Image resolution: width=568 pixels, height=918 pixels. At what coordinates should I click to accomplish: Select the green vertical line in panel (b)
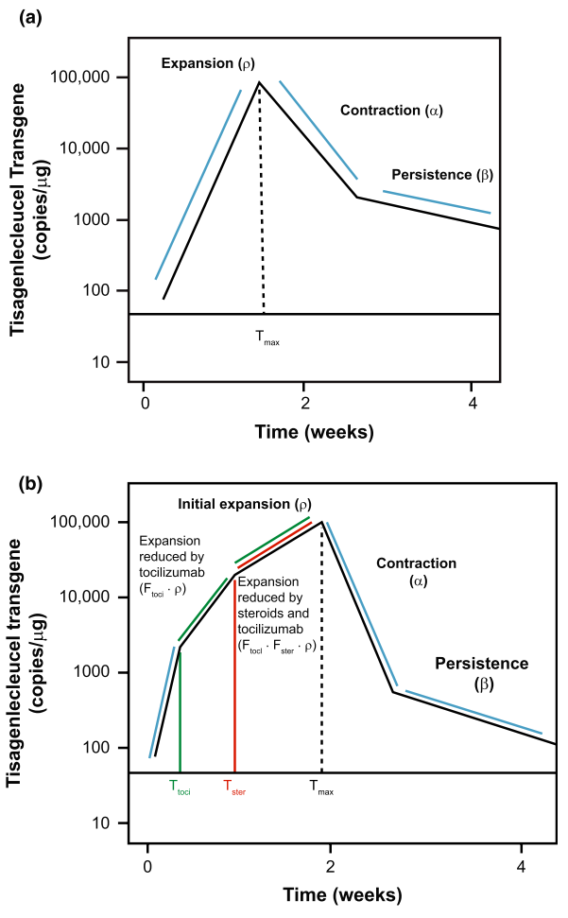[x=180, y=709]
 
